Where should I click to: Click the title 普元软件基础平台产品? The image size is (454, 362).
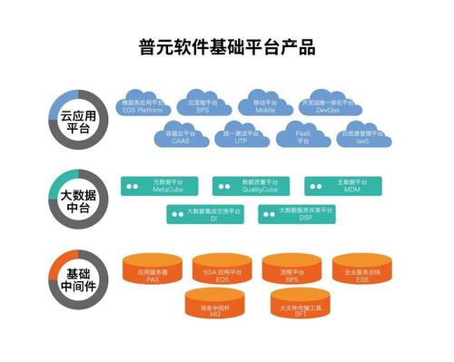tap(227, 46)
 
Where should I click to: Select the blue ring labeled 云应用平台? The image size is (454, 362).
tap(78, 122)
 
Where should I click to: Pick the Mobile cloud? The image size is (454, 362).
tap(266, 106)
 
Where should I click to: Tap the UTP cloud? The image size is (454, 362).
tap(241, 138)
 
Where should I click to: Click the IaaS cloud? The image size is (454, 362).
tap(361, 138)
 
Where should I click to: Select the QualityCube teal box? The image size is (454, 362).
tap(252, 186)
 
